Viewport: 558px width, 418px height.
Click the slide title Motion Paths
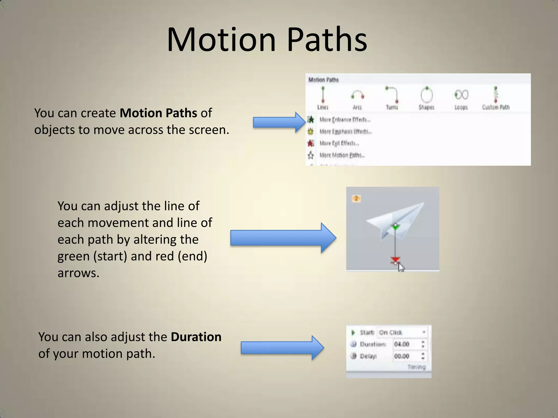[x=267, y=40]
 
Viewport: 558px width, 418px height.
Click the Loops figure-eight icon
[x=461, y=95]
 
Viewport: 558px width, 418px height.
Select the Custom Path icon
[x=496, y=95]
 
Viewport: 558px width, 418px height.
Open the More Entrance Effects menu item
[x=345, y=120]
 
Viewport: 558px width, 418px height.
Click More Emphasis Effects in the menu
[x=345, y=132]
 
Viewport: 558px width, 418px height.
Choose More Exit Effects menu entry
[x=339, y=143]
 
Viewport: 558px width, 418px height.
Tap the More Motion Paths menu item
[x=342, y=155]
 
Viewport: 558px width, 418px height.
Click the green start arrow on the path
[x=395, y=226]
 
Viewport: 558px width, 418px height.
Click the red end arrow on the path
[x=395, y=259]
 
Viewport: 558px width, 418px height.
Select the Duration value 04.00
[x=402, y=344]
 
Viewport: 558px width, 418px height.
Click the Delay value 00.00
[x=402, y=356]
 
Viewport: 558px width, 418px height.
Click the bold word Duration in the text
[x=196, y=337]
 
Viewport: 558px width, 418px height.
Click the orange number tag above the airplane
[x=356, y=199]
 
